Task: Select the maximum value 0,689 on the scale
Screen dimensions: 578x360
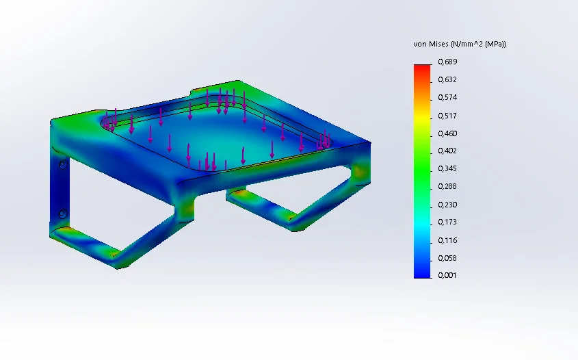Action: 447,62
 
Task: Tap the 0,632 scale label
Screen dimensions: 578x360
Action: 447,79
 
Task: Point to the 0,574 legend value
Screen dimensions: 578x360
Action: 447,97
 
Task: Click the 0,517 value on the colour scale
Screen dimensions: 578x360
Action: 447,116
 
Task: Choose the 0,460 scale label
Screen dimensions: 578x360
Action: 447,133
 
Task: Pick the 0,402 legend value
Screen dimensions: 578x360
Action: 447,151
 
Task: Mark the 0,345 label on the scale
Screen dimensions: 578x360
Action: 447,168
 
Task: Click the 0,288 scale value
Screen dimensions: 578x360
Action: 447,186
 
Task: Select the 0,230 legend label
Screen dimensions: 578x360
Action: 447,205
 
